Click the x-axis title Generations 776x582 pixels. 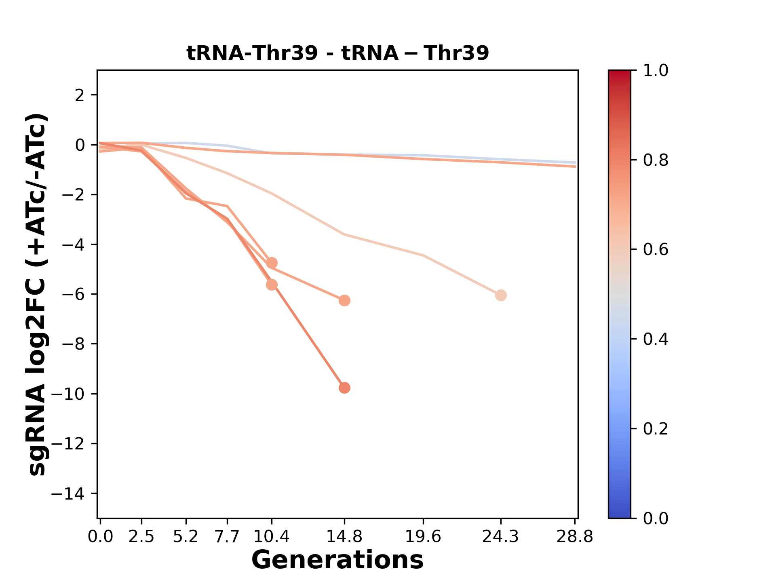pos(337,560)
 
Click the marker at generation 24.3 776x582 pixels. pos(501,295)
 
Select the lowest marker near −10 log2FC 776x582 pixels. pos(344,388)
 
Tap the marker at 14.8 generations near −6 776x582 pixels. pos(344,301)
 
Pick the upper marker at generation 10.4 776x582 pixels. pos(272,263)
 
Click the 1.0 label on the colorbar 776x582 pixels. pos(656,70)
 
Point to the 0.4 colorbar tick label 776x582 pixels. pos(656,339)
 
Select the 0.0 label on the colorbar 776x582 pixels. pos(656,518)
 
